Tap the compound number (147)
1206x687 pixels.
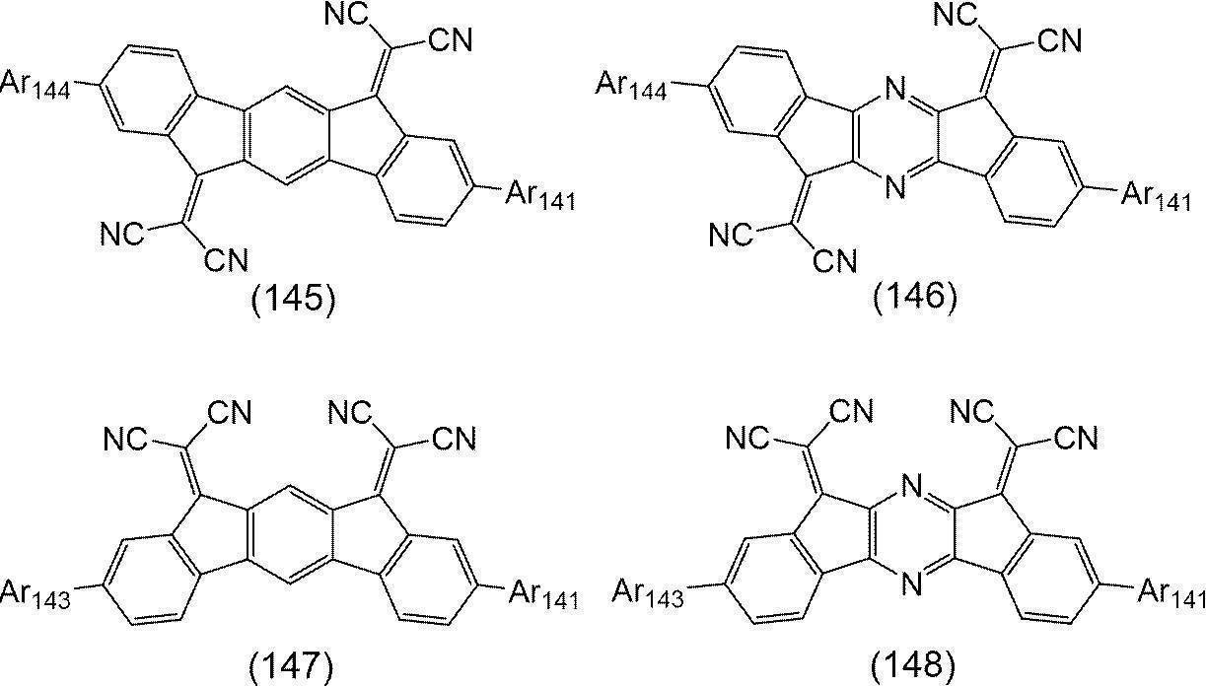point(291,667)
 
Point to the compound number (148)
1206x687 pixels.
point(913,667)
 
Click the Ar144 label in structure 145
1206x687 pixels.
point(35,85)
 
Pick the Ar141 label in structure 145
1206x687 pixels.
point(540,196)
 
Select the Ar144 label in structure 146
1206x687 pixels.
point(631,86)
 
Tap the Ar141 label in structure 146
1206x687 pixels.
point(1156,196)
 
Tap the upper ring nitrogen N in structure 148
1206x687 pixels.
point(911,487)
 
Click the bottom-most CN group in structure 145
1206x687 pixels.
point(226,260)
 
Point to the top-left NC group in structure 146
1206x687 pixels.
point(956,14)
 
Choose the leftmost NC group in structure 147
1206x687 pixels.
point(125,439)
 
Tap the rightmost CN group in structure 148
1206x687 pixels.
point(1076,438)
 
